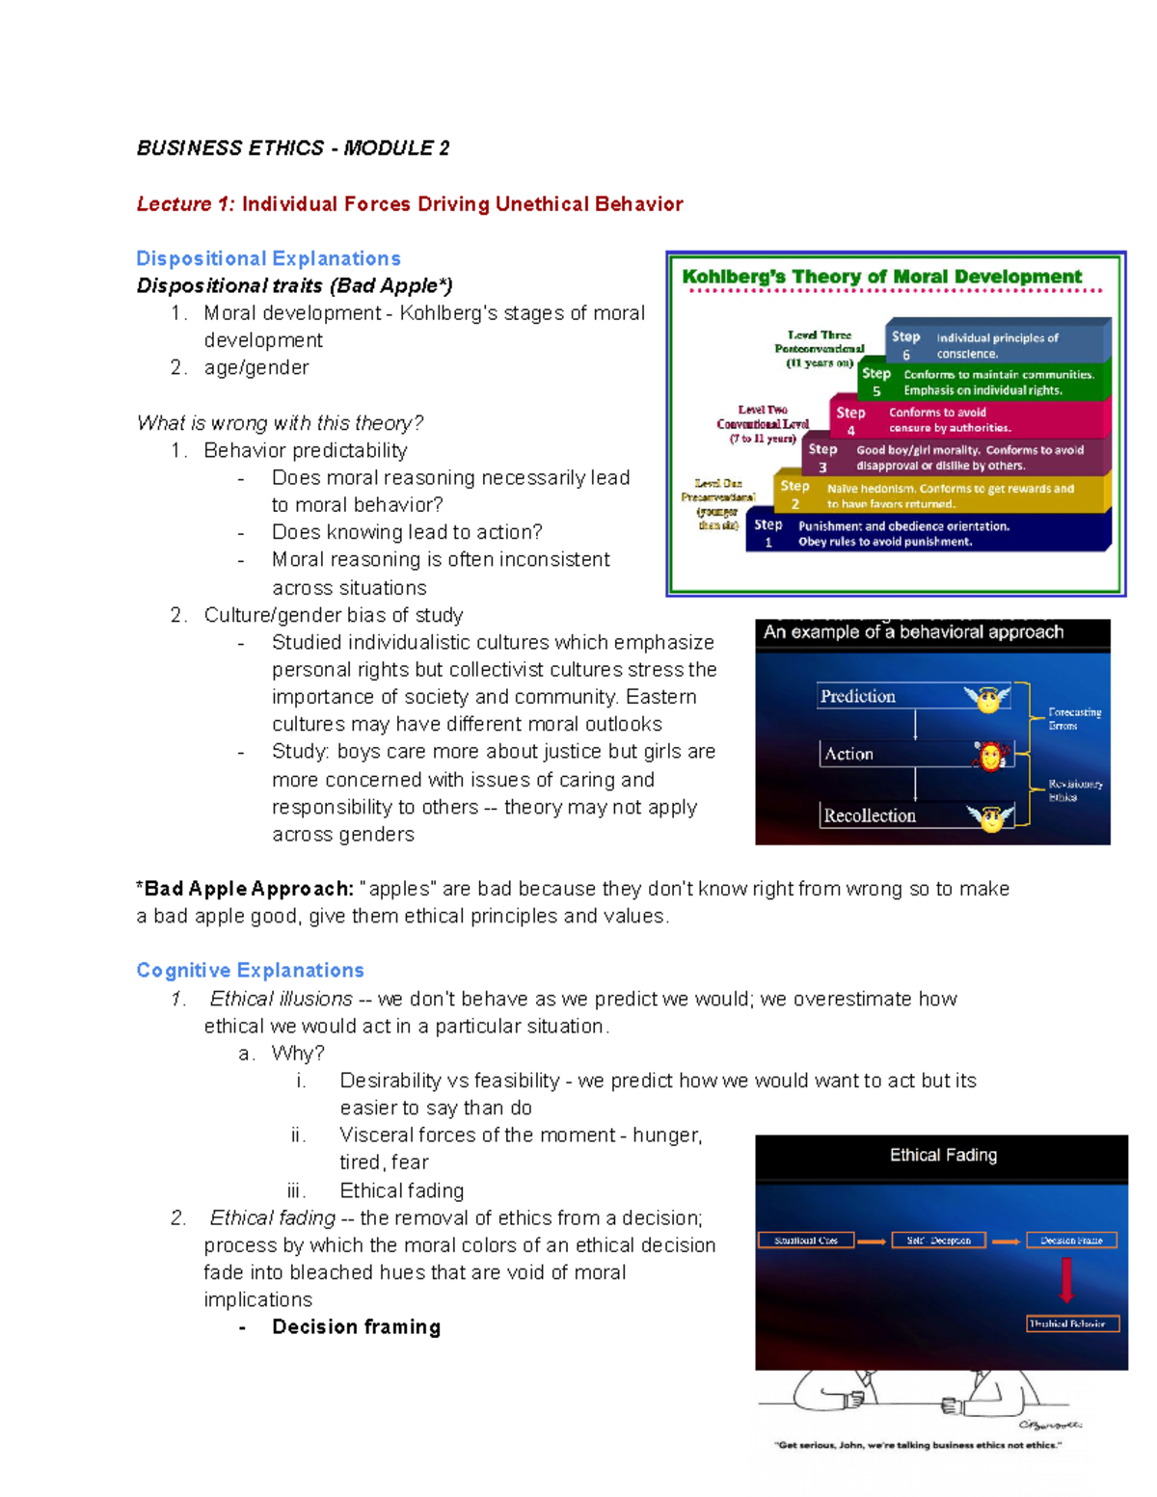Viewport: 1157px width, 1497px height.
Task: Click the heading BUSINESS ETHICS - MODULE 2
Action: click(x=292, y=148)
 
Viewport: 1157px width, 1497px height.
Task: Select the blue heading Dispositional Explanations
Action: click(x=268, y=258)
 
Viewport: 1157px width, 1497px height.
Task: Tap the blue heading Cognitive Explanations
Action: click(x=250, y=970)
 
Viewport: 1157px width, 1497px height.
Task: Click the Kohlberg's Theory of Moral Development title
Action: click(x=881, y=277)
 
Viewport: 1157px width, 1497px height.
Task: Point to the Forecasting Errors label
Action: click(x=1074, y=718)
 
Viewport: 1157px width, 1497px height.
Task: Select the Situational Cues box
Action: click(x=806, y=1241)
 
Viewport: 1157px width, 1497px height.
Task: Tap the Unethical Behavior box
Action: click(x=1072, y=1323)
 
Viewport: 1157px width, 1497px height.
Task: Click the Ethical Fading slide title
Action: click(x=943, y=1155)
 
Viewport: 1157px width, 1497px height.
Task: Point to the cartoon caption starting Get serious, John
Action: click(x=917, y=1445)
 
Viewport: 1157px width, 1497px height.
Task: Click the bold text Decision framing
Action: click(x=356, y=1326)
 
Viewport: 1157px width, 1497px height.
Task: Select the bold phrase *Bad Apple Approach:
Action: click(x=245, y=889)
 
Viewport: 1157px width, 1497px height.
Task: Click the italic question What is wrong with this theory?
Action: click(x=280, y=423)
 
